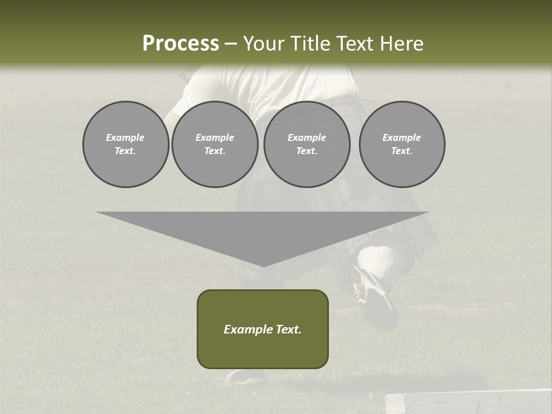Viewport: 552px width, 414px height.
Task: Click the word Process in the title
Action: tap(181, 44)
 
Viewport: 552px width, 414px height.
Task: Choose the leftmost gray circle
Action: tap(126, 144)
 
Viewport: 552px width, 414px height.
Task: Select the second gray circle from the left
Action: tap(215, 144)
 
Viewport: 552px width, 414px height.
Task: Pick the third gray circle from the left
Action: tap(307, 144)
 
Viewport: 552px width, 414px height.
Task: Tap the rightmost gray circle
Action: tap(402, 144)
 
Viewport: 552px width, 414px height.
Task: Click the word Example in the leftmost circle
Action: tap(125, 137)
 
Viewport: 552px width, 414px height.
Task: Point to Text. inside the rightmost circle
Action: tap(402, 151)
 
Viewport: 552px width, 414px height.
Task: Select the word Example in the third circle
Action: tap(307, 137)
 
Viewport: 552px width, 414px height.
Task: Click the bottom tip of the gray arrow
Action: tap(263, 266)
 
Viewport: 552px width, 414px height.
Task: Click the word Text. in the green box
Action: tap(287, 329)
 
